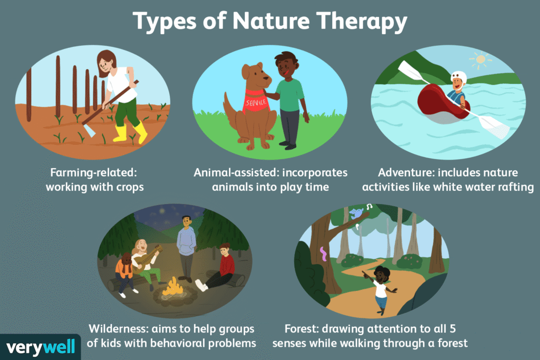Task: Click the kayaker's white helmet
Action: tap(459, 78)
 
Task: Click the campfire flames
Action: tap(172, 287)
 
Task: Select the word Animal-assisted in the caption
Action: tap(232, 173)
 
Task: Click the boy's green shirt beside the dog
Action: tap(290, 95)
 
